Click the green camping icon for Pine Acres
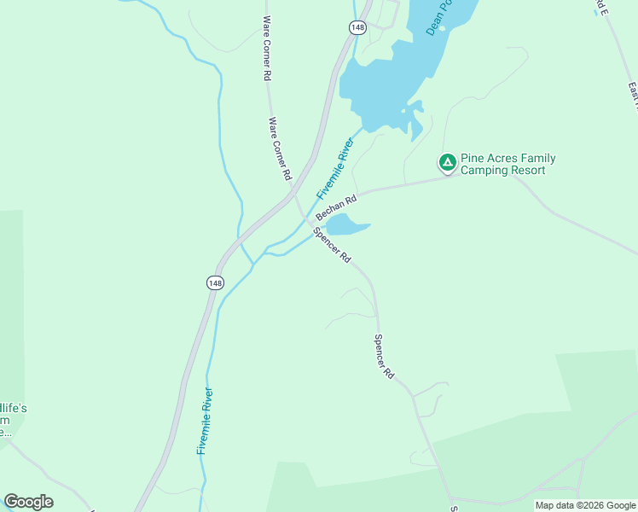447,161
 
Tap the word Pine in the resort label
473,159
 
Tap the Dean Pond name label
438,17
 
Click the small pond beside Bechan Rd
345,225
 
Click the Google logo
29,502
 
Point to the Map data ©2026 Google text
585,505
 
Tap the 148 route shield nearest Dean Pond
357,28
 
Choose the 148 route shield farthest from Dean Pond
215,282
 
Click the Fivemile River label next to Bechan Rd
334,168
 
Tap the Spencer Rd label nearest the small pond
332,245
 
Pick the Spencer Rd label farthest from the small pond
384,357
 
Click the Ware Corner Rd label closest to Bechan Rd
281,148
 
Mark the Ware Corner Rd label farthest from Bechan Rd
267,48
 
